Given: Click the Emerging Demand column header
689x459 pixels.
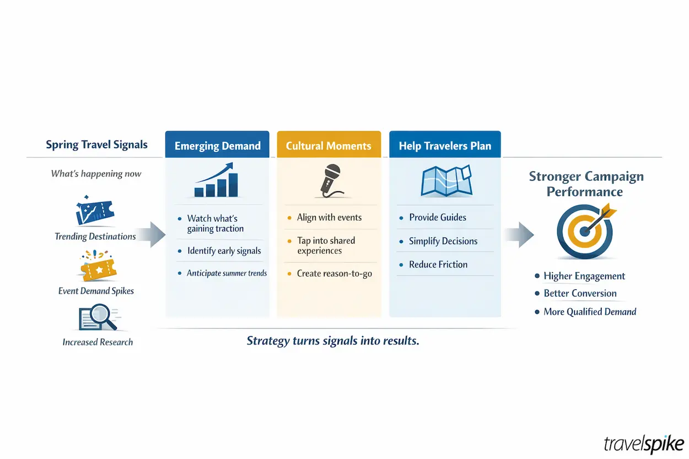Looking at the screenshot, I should tap(217, 146).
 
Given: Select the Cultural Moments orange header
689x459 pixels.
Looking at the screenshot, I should tap(329, 146).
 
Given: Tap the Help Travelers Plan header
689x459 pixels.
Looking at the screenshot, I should tap(445, 146).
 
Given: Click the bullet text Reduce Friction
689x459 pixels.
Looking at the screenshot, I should tap(438, 264).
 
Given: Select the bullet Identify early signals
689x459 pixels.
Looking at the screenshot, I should tap(224, 251).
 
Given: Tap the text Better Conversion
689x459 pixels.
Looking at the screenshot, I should tap(580, 294).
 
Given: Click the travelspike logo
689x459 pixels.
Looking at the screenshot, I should tap(644, 443).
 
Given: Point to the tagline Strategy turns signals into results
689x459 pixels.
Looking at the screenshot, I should tap(333, 341).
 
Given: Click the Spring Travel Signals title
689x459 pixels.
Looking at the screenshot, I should tap(96, 145).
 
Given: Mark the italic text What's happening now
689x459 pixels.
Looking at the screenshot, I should tap(96, 174).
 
